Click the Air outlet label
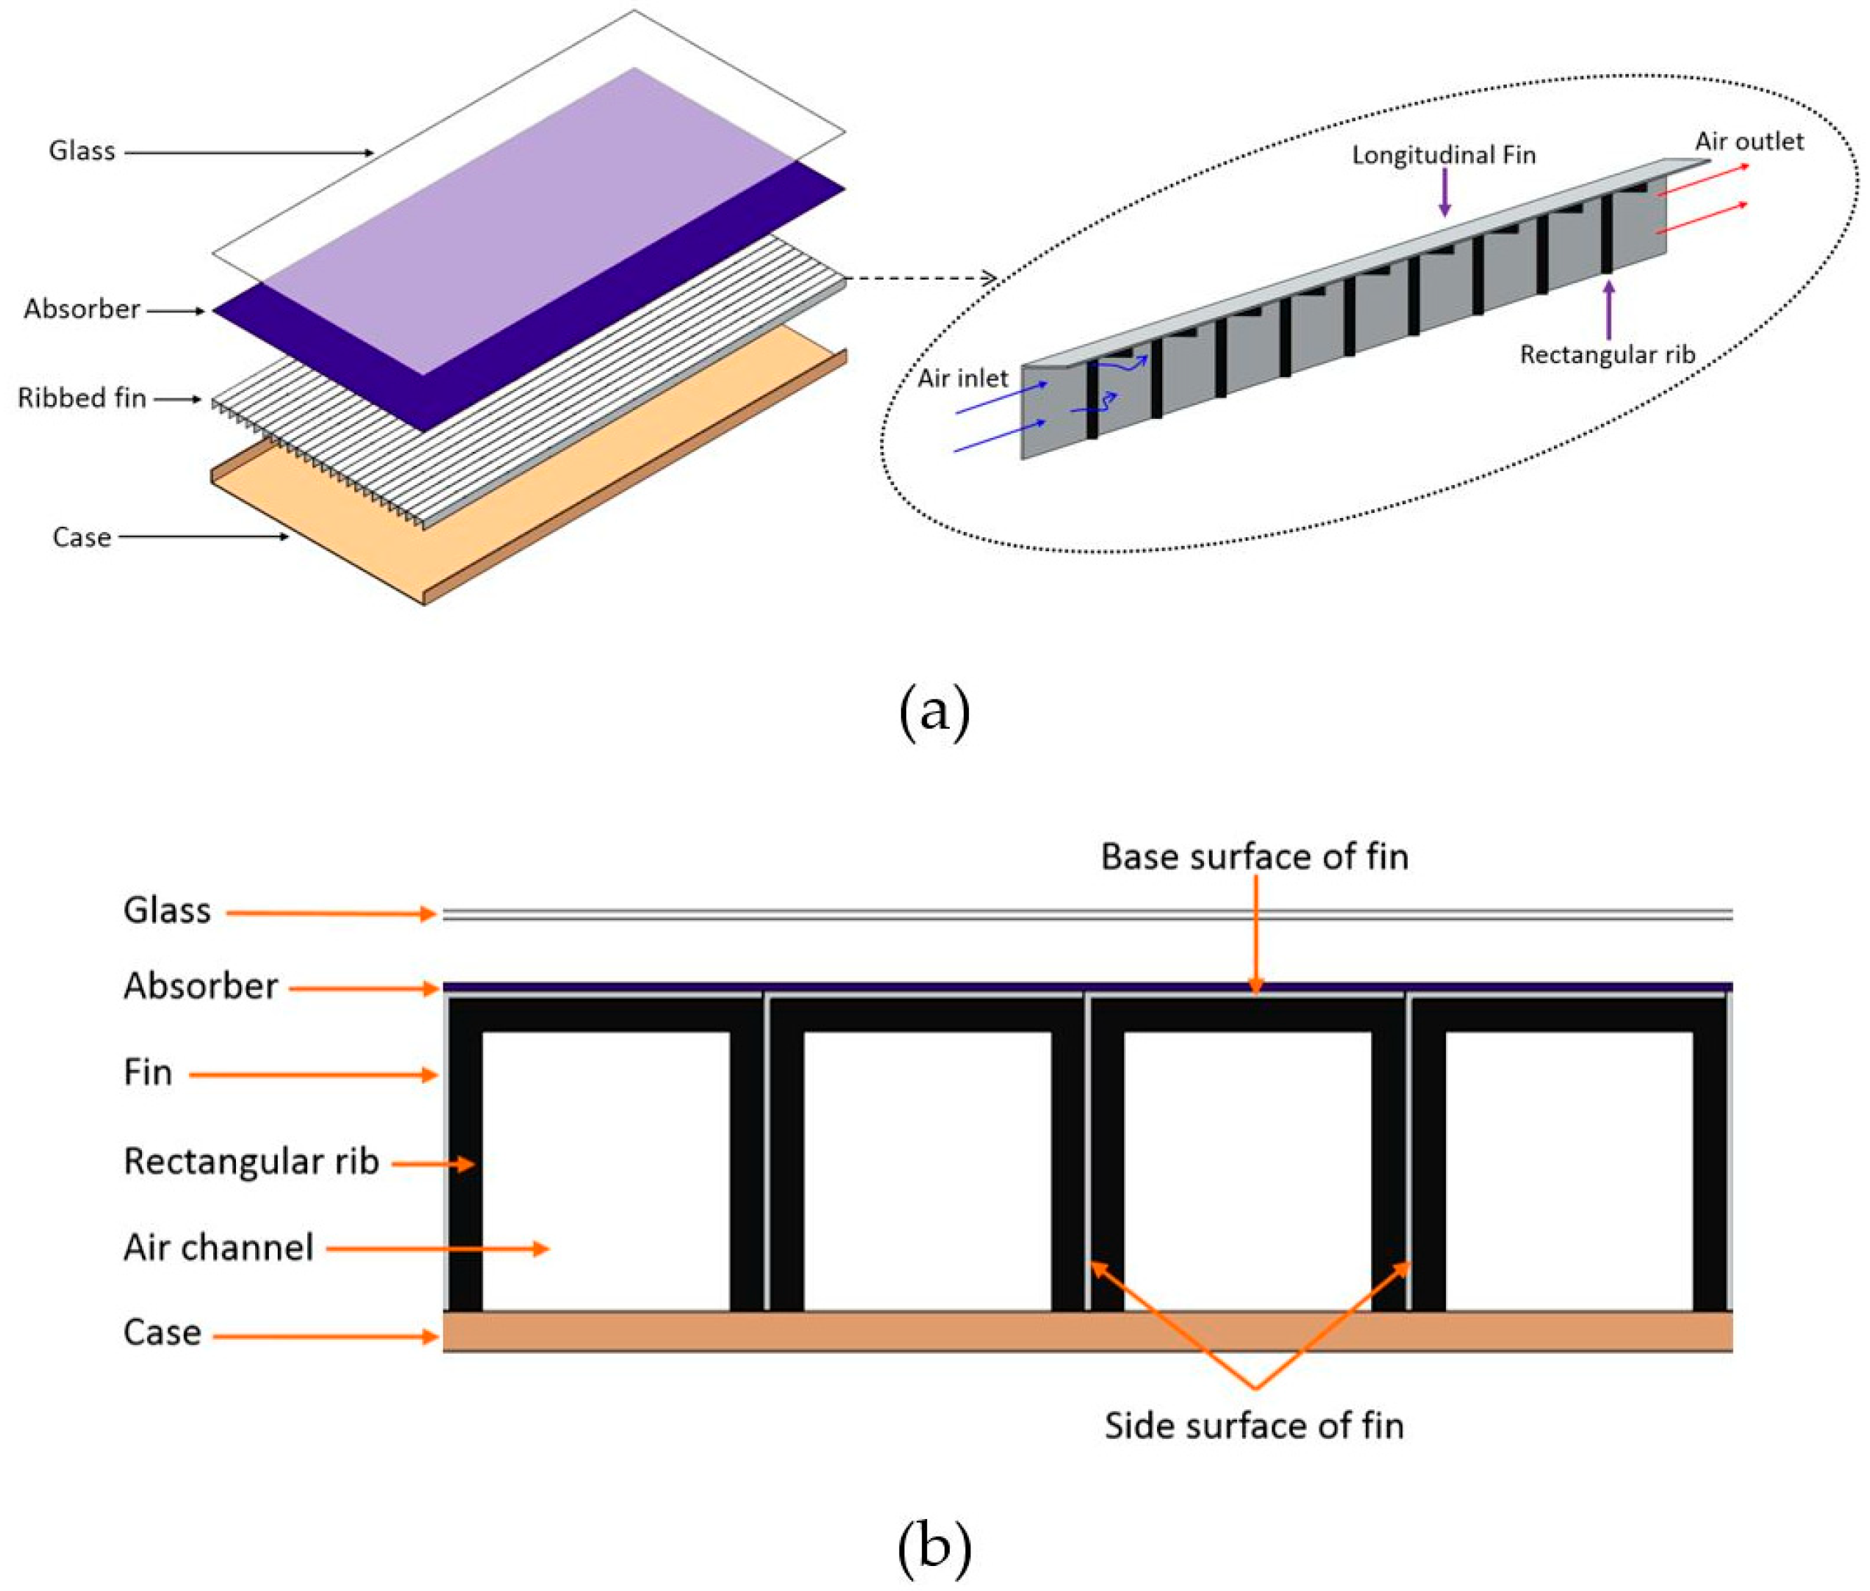click(1748, 142)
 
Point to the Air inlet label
click(961, 378)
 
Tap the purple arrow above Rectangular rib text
click(1608, 310)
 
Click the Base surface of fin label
click(1254, 856)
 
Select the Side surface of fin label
click(1254, 1426)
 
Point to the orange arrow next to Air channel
click(437, 1249)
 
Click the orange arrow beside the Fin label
click(312, 1074)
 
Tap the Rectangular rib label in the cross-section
click(251, 1161)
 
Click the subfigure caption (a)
click(934, 711)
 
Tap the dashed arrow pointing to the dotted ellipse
click(920, 278)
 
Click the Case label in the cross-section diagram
click(162, 1332)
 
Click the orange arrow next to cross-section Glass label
click(330, 913)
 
